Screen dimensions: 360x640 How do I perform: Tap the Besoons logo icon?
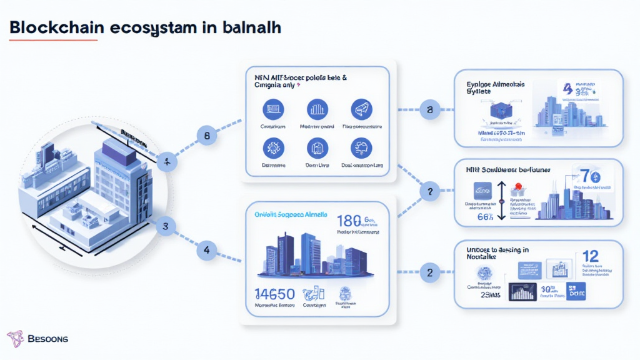(15, 339)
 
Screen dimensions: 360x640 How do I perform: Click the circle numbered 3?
(166, 227)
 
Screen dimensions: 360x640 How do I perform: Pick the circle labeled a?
(429, 110)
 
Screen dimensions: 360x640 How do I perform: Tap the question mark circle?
(429, 192)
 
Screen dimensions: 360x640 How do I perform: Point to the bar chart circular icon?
(317, 109)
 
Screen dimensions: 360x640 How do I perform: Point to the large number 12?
(591, 256)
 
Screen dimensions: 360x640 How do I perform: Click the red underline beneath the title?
(54, 41)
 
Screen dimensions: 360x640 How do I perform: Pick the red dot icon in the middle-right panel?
(518, 187)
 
